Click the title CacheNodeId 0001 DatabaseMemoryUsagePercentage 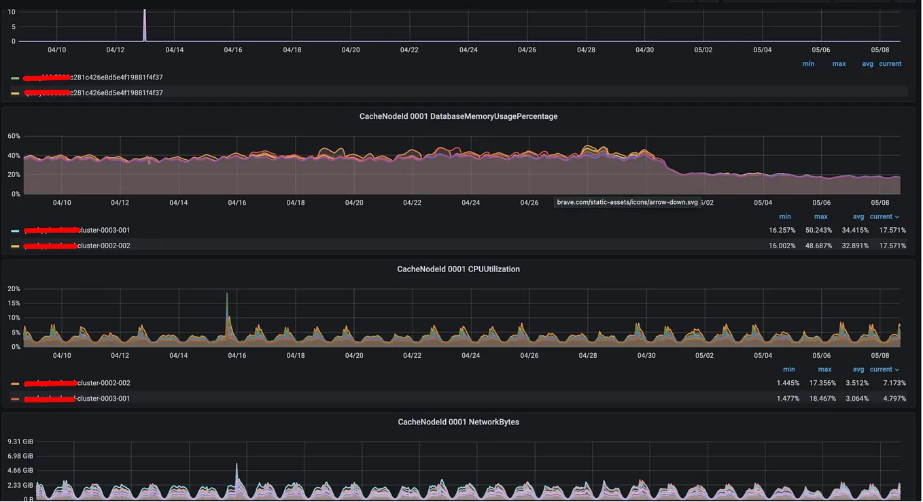point(458,116)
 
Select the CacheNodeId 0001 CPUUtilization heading point(458,269)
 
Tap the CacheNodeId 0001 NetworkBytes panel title point(458,422)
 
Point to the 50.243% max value point(818,231)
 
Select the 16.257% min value point(782,231)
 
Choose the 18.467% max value point(822,399)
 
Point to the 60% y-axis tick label point(14,137)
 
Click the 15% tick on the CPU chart point(14,303)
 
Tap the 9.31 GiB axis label point(20,442)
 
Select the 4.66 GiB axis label point(20,471)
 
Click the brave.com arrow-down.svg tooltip point(627,203)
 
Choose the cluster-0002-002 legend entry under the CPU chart point(103,383)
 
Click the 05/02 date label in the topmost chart point(703,50)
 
